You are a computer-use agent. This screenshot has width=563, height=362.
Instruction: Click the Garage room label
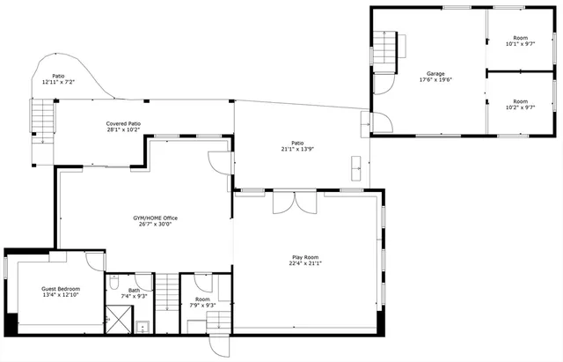[435, 73]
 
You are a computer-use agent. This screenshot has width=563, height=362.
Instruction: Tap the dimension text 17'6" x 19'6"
[435, 79]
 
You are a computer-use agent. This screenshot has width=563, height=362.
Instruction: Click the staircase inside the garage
[386, 49]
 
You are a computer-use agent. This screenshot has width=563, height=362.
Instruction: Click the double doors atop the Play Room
[295, 203]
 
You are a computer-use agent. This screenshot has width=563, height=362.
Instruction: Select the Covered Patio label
[123, 124]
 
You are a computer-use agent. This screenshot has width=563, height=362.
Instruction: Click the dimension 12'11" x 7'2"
[58, 82]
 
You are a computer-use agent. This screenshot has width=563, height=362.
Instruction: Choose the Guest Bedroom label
[62, 289]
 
